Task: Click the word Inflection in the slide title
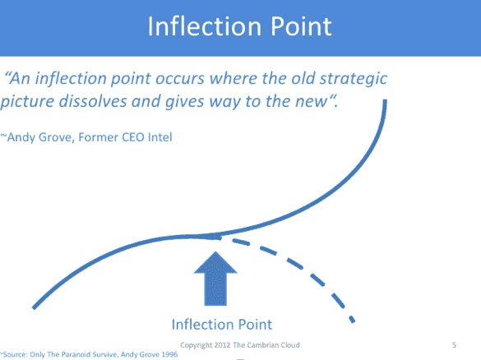[204, 26]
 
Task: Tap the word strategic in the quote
[354, 80]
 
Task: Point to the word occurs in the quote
[180, 79]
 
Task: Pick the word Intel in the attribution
[160, 137]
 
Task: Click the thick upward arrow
[215, 279]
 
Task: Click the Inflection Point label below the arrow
[222, 325]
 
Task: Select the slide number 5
[455, 345]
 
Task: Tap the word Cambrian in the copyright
[260, 345]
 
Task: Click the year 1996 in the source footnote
[169, 354]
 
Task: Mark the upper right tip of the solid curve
[385, 100]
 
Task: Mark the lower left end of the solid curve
[34, 307]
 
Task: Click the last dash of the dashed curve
[352, 319]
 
